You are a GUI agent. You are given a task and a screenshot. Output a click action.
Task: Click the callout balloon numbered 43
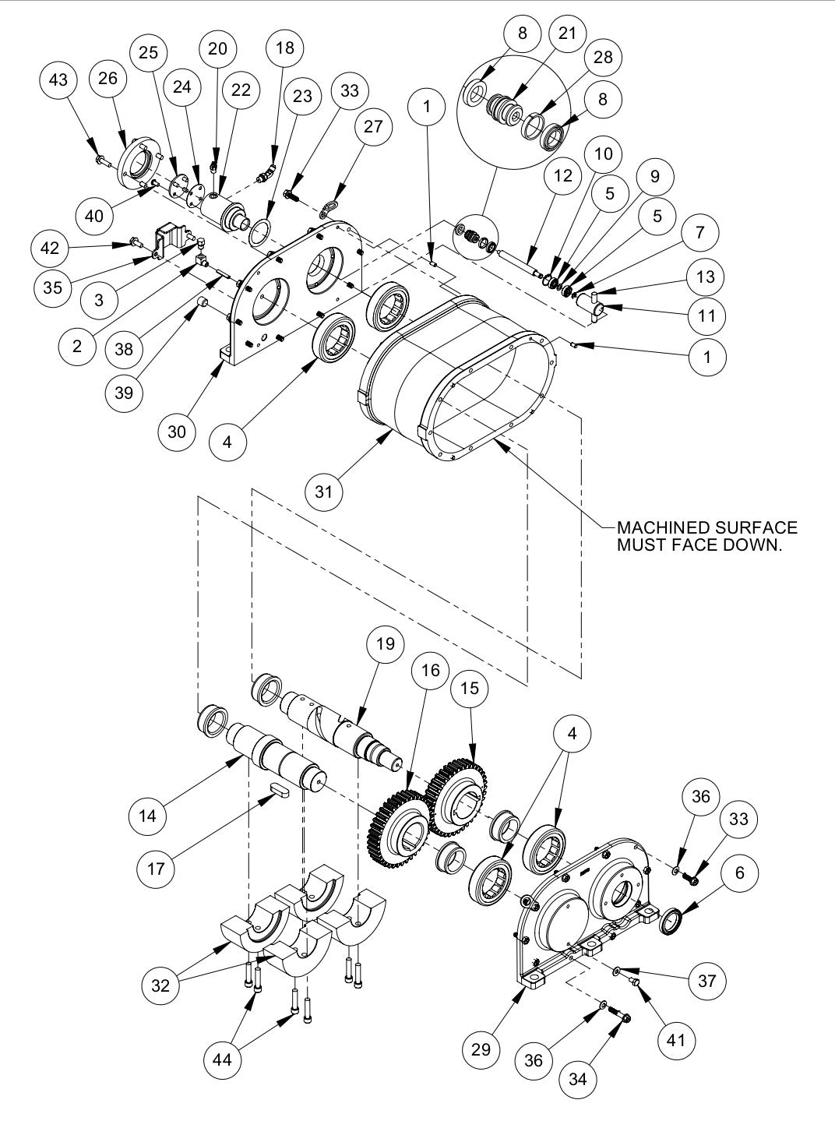(58, 80)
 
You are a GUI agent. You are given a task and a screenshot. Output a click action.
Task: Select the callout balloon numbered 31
(324, 492)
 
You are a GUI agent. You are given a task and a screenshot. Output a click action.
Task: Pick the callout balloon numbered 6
(739, 873)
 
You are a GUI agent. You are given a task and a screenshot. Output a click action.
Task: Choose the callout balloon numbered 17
(156, 866)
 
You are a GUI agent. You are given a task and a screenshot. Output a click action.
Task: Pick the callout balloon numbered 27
(373, 125)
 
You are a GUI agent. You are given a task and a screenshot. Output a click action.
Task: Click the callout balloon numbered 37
(706, 980)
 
